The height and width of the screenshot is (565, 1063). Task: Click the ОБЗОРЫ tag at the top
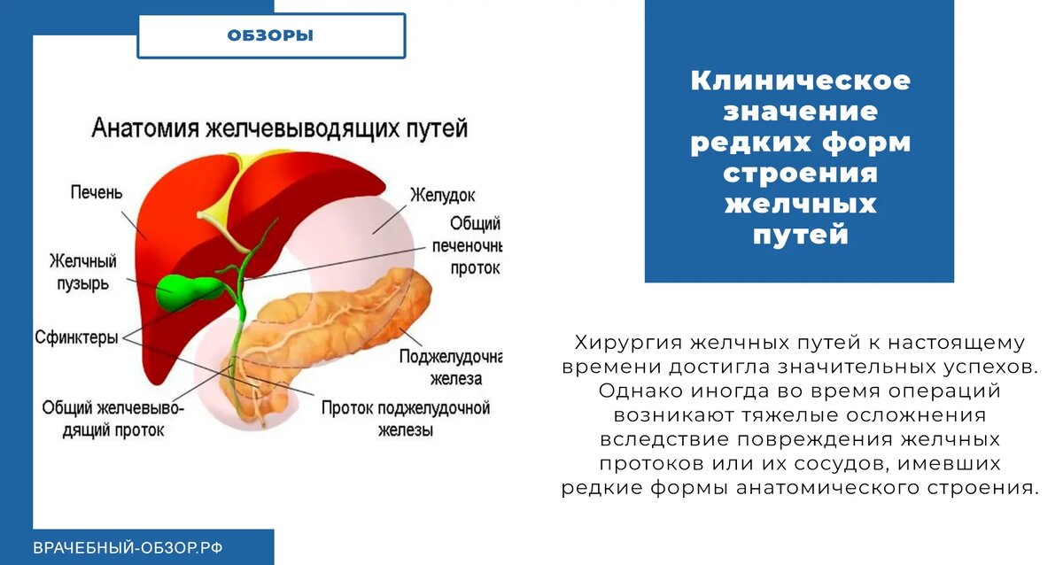click(x=270, y=35)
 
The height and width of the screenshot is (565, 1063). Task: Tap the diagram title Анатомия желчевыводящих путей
click(x=280, y=128)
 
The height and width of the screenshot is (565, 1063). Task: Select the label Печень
click(x=97, y=192)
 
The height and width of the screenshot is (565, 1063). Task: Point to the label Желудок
click(x=442, y=195)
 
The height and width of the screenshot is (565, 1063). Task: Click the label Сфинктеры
click(x=76, y=337)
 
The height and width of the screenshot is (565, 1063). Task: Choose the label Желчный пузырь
click(x=83, y=272)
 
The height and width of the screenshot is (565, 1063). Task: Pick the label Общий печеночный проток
click(x=467, y=245)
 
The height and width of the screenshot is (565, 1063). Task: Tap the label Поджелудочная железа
click(x=451, y=368)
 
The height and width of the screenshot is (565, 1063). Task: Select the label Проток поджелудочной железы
click(x=406, y=419)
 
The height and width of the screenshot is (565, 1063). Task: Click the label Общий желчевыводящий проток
click(x=113, y=419)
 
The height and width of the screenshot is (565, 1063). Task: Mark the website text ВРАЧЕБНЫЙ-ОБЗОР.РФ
click(x=128, y=548)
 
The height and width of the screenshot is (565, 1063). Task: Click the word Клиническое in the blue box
click(x=801, y=81)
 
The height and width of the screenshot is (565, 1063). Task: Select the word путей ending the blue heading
click(x=801, y=236)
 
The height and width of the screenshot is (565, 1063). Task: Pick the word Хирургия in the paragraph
click(x=628, y=343)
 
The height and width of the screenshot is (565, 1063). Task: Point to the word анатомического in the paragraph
click(x=827, y=488)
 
